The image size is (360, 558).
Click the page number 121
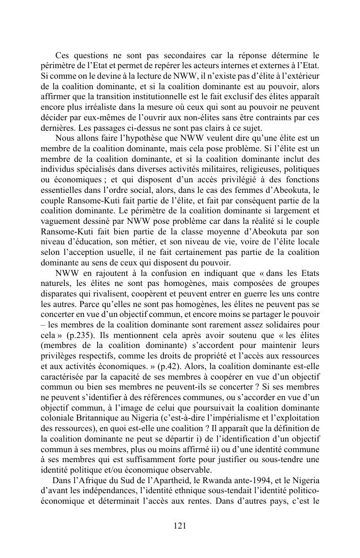pyautogui.click(x=180, y=526)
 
